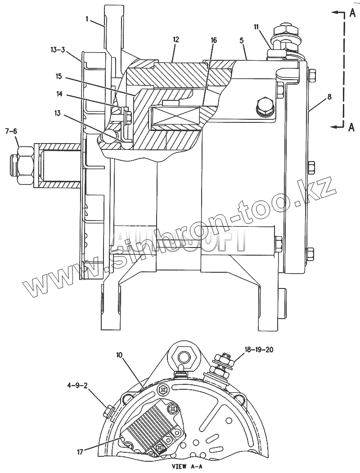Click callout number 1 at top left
[x=88, y=19]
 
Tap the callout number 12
[x=175, y=40]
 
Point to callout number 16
[x=213, y=40]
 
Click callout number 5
[x=242, y=40]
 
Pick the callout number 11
[x=256, y=27]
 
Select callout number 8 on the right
[x=329, y=96]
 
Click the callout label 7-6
[x=11, y=131]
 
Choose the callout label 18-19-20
[x=259, y=349]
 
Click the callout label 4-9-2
[x=78, y=386]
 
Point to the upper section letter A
[x=352, y=14]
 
